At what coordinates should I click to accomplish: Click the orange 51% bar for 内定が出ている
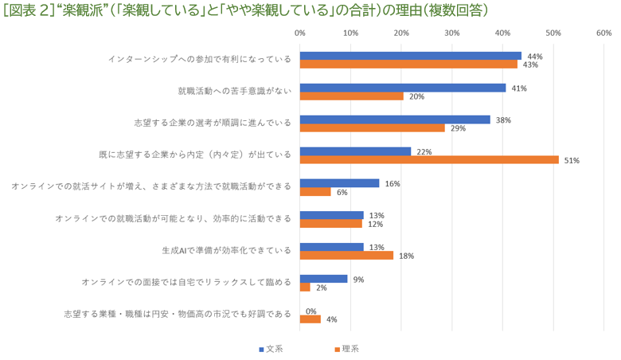[429, 159]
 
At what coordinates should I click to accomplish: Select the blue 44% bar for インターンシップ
[410, 56]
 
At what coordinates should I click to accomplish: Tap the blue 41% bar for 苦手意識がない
[403, 88]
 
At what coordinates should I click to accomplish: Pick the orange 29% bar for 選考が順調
[372, 127]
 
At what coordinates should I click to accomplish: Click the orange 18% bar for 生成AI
[346, 255]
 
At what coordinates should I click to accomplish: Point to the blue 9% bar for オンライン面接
[323, 279]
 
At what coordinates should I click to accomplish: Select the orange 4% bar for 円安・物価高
[310, 319]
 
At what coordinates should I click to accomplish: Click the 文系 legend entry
[271, 349]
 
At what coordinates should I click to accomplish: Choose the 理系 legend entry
[346, 349]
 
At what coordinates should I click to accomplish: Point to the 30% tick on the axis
[451, 33]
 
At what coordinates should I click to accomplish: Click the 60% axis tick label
[603, 33]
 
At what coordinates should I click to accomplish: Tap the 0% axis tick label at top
[300, 33]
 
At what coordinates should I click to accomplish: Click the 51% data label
[572, 160]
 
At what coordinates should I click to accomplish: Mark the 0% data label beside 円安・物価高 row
[310, 311]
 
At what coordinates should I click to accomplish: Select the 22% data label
[424, 151]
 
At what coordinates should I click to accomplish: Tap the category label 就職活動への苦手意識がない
[234, 92]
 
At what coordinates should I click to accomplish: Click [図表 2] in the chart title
[29, 11]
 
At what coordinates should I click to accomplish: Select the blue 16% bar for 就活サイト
[339, 183]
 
